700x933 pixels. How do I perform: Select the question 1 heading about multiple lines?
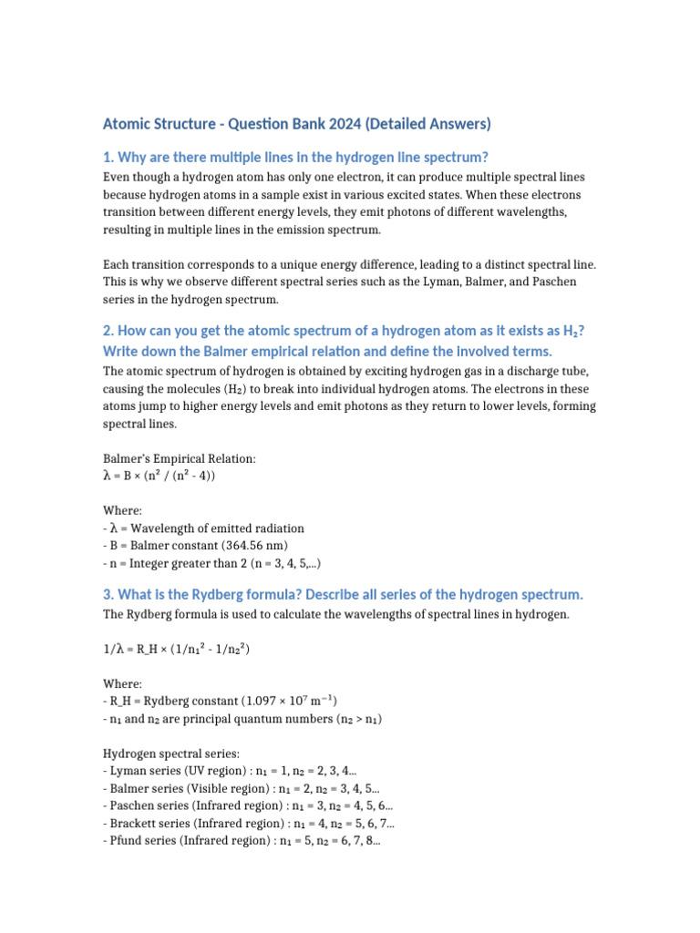pyautogui.click(x=302, y=158)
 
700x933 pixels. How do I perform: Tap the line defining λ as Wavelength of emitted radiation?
pyautogui.click(x=204, y=528)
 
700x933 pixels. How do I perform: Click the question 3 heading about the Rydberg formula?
pyautogui.click(x=342, y=595)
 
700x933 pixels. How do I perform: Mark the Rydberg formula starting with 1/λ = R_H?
pyautogui.click(x=177, y=650)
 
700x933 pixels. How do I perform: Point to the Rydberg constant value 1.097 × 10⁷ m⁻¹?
pyautogui.click(x=288, y=702)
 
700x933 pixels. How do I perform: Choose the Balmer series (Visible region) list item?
pyautogui.click(x=242, y=789)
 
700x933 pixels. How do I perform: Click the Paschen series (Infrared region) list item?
pyautogui.click(x=248, y=806)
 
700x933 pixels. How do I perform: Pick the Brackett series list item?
pyautogui.click(x=249, y=824)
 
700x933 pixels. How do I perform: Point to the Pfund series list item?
pyautogui.click(x=242, y=842)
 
